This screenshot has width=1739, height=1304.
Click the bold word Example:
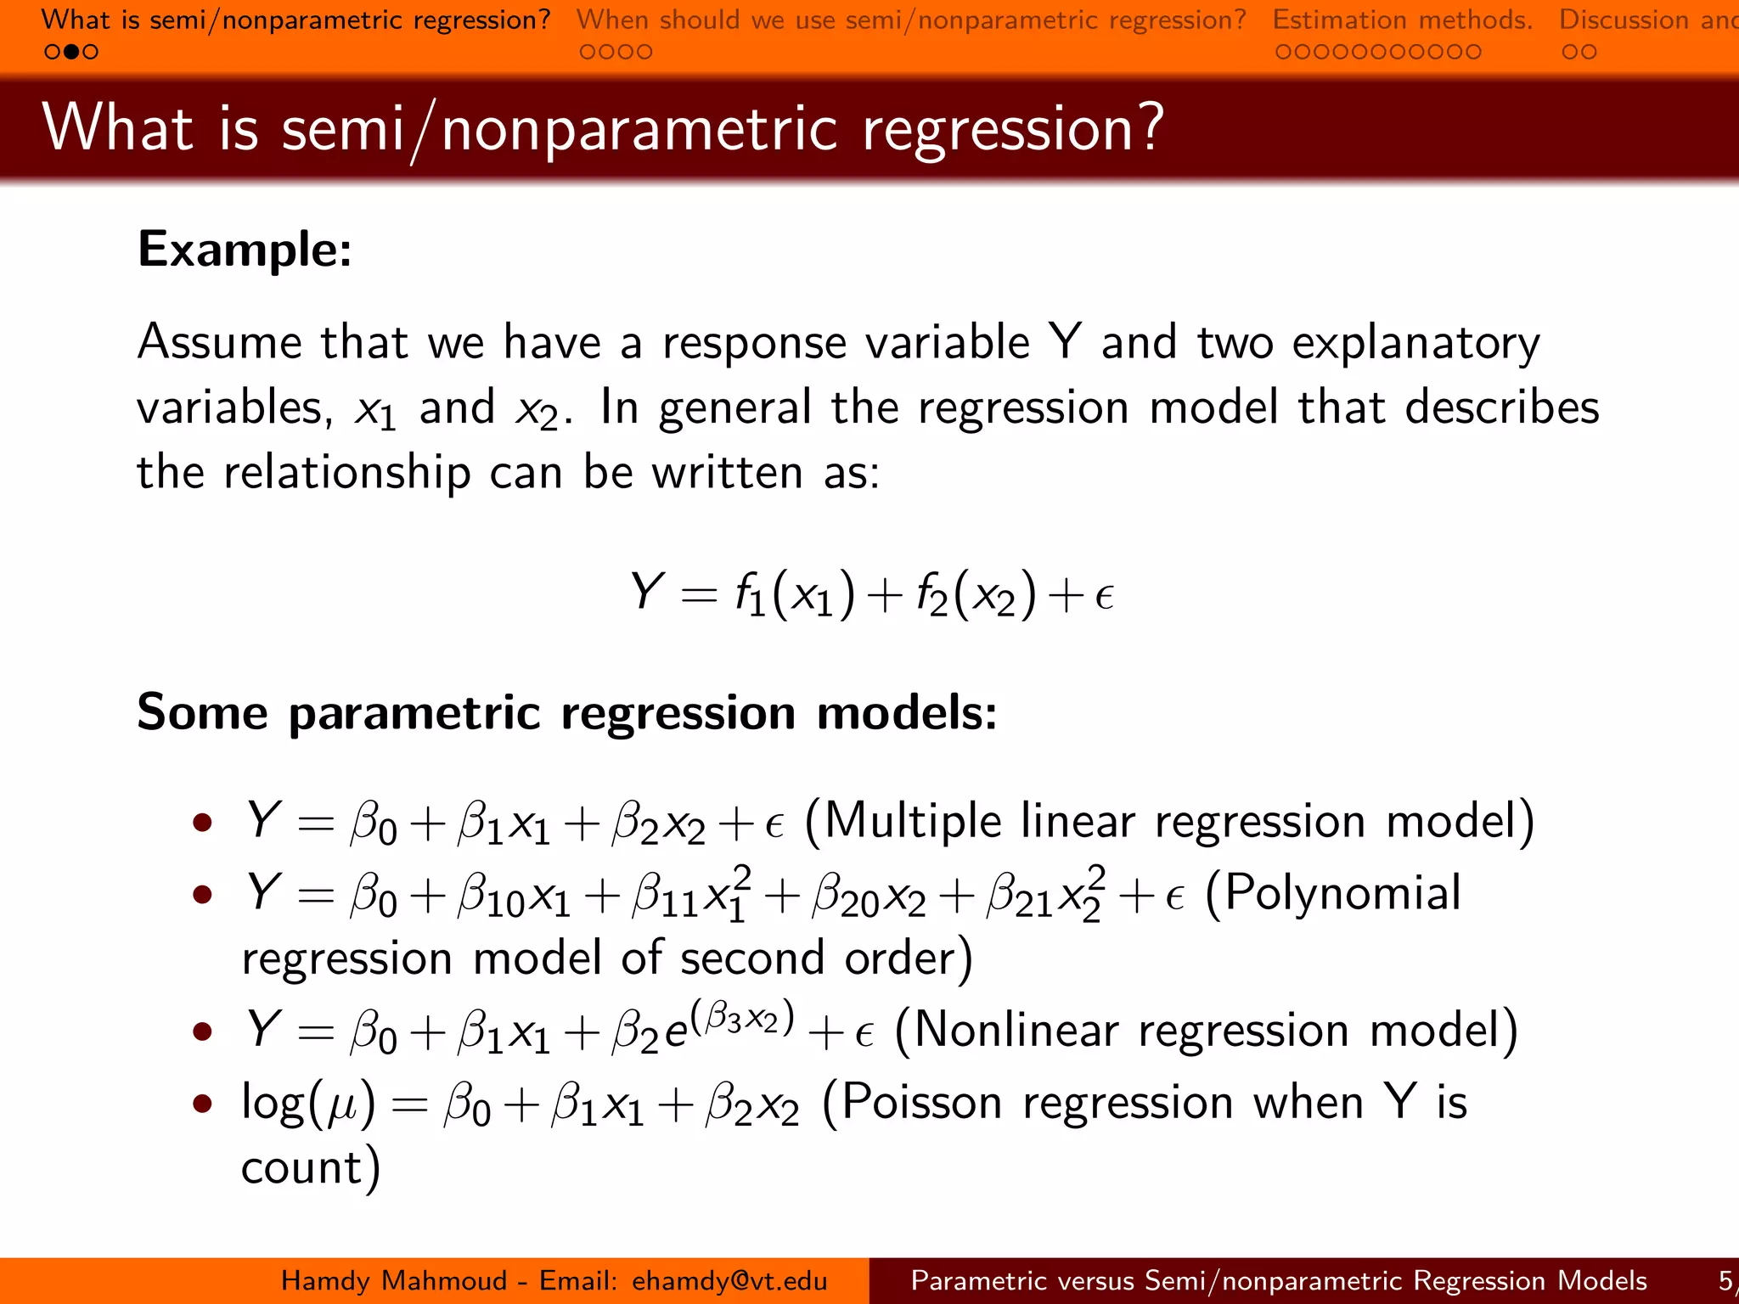point(245,250)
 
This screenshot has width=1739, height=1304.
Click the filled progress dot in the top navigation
point(72,52)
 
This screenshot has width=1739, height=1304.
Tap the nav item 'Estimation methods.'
point(1402,20)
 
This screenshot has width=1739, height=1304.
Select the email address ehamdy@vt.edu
point(729,1280)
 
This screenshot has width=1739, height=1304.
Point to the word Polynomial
point(1342,893)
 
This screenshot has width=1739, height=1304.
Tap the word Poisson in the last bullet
point(922,1103)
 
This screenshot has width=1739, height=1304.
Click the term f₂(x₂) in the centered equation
point(977,593)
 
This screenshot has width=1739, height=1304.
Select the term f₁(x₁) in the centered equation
point(795,593)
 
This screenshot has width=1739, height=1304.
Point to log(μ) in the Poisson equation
point(307,1104)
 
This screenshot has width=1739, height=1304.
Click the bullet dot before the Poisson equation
point(202,1103)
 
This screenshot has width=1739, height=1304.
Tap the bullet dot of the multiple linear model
point(202,822)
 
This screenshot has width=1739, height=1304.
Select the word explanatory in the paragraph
point(1415,343)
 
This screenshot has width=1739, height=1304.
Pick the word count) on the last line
point(311,1168)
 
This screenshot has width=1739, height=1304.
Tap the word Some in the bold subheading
point(202,711)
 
